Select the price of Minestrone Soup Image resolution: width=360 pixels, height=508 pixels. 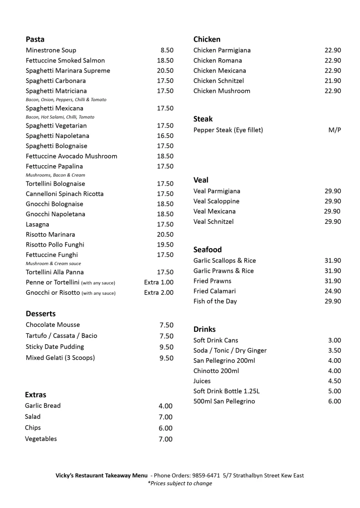tap(167, 50)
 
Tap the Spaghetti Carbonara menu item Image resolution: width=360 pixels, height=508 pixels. tap(56, 81)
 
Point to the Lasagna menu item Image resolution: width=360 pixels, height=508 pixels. tap(38, 224)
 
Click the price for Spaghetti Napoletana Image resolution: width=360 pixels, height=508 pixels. tap(165, 136)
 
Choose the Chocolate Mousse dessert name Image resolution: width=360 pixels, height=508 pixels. tap(53, 325)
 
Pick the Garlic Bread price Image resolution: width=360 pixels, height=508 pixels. tap(165, 406)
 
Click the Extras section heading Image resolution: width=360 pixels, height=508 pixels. tap(35, 395)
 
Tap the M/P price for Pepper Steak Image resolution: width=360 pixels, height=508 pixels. tap(335, 130)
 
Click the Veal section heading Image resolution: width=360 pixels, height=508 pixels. tap(201, 180)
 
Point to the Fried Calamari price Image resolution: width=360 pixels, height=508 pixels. tap(333, 291)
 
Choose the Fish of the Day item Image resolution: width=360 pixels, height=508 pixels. tap(215, 301)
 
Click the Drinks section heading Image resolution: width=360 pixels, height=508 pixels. tap(204, 329)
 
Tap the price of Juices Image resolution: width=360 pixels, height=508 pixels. tap(334, 381)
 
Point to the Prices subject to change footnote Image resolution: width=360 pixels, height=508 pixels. tap(180, 483)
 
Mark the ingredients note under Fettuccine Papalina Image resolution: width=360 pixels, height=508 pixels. tap(55, 175)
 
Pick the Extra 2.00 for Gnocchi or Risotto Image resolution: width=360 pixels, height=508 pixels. tap(159, 293)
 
